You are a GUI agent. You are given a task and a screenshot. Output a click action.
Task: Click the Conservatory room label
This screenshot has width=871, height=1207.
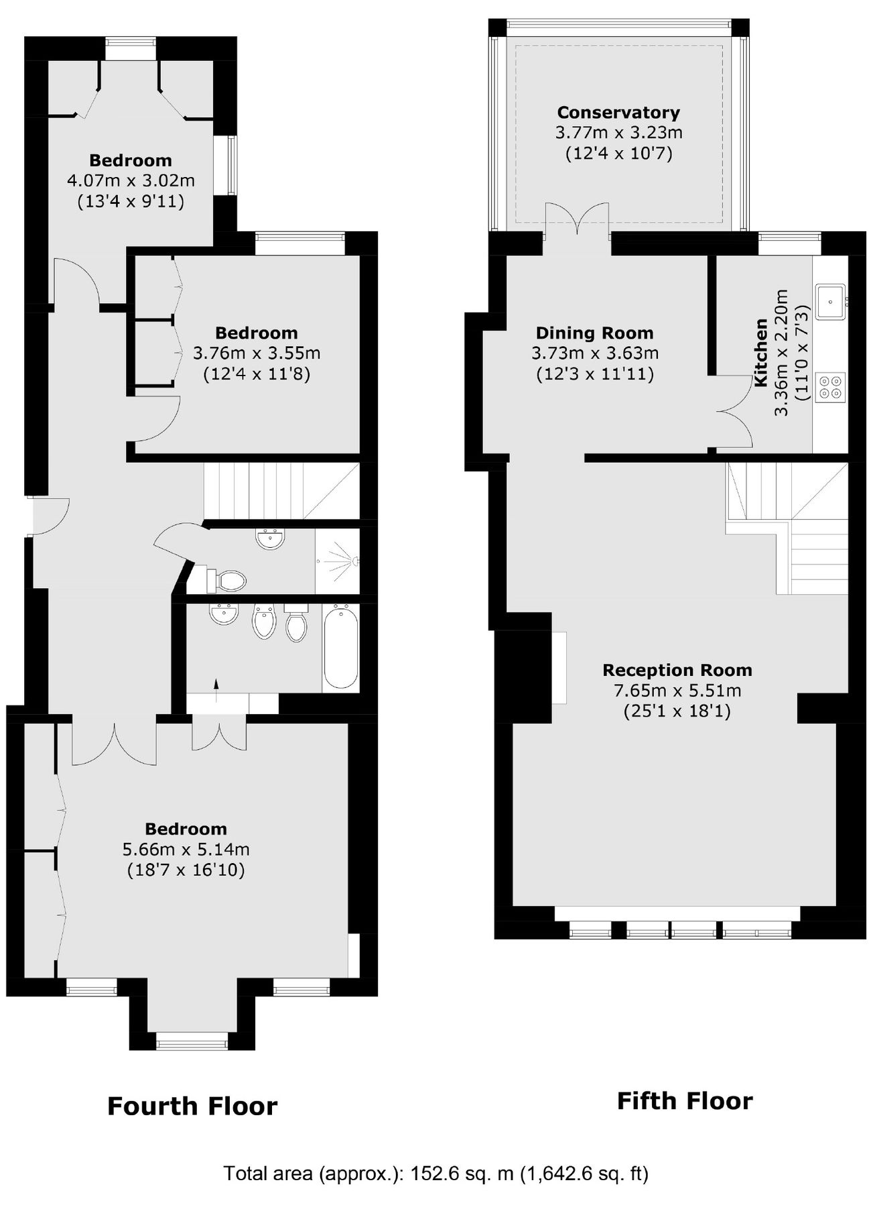pyautogui.click(x=618, y=113)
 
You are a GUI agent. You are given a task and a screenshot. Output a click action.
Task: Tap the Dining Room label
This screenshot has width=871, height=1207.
pyautogui.click(x=594, y=333)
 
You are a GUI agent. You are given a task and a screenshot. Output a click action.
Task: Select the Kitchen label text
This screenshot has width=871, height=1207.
pyautogui.click(x=761, y=353)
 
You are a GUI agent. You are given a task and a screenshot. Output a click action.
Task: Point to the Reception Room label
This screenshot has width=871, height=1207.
pyautogui.click(x=677, y=670)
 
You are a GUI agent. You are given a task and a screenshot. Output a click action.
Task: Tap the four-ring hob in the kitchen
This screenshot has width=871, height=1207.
pyautogui.click(x=830, y=387)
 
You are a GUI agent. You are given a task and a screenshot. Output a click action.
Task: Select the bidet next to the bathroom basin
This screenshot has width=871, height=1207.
pyautogui.click(x=264, y=621)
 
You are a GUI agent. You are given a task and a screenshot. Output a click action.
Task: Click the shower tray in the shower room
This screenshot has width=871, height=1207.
pyautogui.click(x=337, y=561)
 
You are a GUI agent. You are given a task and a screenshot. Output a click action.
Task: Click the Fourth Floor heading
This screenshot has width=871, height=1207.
pyautogui.click(x=192, y=1106)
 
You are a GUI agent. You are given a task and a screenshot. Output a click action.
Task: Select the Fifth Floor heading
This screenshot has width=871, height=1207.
pyautogui.click(x=684, y=1101)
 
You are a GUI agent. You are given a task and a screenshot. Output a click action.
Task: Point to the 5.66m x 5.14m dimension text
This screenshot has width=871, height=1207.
pyautogui.click(x=186, y=850)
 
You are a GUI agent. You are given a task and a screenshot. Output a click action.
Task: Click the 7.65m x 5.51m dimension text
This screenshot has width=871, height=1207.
pyautogui.click(x=677, y=691)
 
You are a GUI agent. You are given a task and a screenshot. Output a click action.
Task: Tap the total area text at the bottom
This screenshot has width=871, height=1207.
pyautogui.click(x=435, y=1173)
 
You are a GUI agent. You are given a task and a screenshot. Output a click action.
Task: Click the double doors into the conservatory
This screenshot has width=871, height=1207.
pyautogui.click(x=577, y=219)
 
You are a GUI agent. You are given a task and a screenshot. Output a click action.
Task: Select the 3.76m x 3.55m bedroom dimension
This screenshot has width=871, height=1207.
pyautogui.click(x=257, y=353)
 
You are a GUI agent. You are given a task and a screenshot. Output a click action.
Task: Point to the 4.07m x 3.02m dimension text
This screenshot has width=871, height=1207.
pyautogui.click(x=131, y=180)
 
